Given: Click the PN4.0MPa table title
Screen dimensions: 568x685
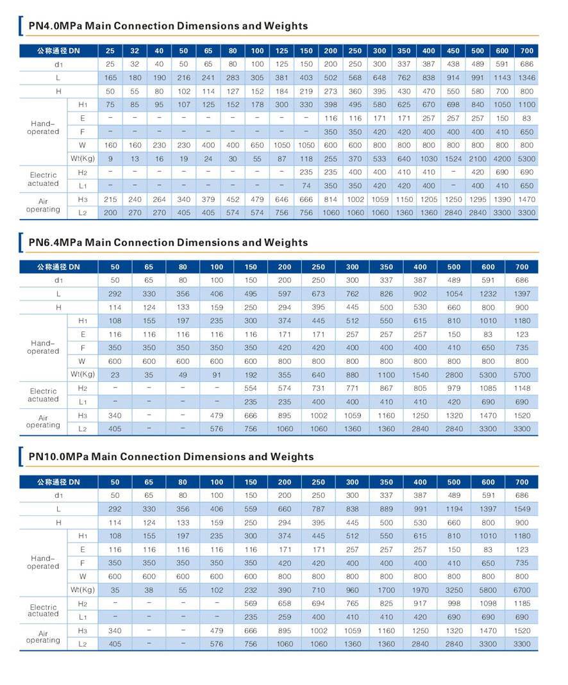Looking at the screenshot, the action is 168,26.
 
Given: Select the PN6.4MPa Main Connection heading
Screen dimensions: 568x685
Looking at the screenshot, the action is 168,242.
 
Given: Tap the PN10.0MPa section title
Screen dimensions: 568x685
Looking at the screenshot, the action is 171,456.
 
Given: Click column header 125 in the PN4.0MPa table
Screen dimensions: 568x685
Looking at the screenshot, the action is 282,51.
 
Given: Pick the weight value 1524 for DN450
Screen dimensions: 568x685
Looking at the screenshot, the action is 453,159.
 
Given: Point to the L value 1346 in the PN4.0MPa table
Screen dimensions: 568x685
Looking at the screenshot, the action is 526,78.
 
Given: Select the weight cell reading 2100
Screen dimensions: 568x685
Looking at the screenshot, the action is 478,159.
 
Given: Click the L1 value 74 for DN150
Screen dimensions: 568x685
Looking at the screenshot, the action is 306,186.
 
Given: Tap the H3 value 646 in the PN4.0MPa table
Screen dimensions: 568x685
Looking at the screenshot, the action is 282,200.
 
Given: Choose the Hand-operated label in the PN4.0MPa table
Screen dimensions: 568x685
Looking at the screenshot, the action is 43,128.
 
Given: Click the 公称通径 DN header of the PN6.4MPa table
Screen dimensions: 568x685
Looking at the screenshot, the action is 58,267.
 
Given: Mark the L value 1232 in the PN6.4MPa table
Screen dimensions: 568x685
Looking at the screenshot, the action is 488,294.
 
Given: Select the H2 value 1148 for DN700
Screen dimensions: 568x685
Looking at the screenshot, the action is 522,388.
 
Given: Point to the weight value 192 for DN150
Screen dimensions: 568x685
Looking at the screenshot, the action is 251,375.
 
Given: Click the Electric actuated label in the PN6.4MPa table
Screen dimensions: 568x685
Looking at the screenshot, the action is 43,395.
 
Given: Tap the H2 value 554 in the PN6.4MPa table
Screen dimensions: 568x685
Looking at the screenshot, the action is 251,388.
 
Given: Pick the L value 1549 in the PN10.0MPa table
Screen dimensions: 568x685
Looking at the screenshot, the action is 522,509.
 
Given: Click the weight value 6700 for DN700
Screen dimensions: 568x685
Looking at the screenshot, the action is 522,590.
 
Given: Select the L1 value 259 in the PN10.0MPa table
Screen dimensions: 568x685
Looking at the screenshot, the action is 285,617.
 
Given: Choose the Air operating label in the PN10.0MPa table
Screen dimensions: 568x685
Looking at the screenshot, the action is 43,637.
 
